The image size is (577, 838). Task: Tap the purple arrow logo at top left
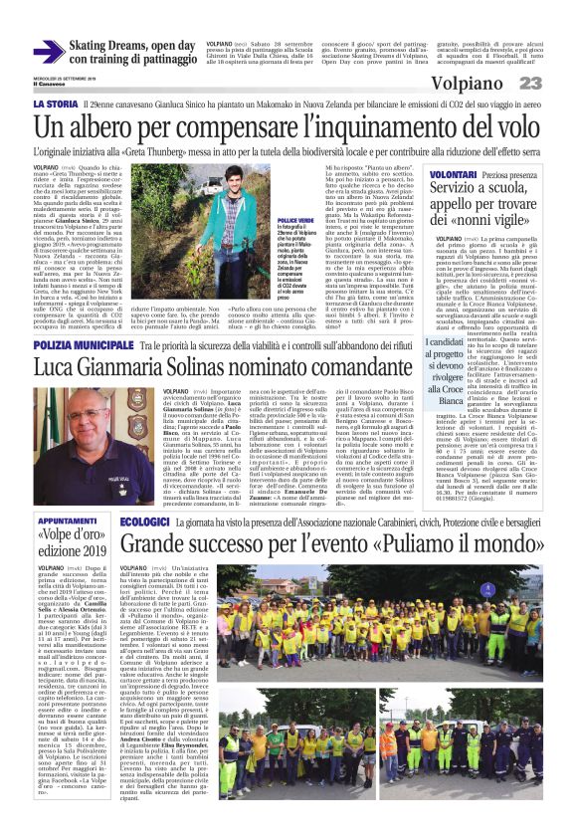tap(48, 52)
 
